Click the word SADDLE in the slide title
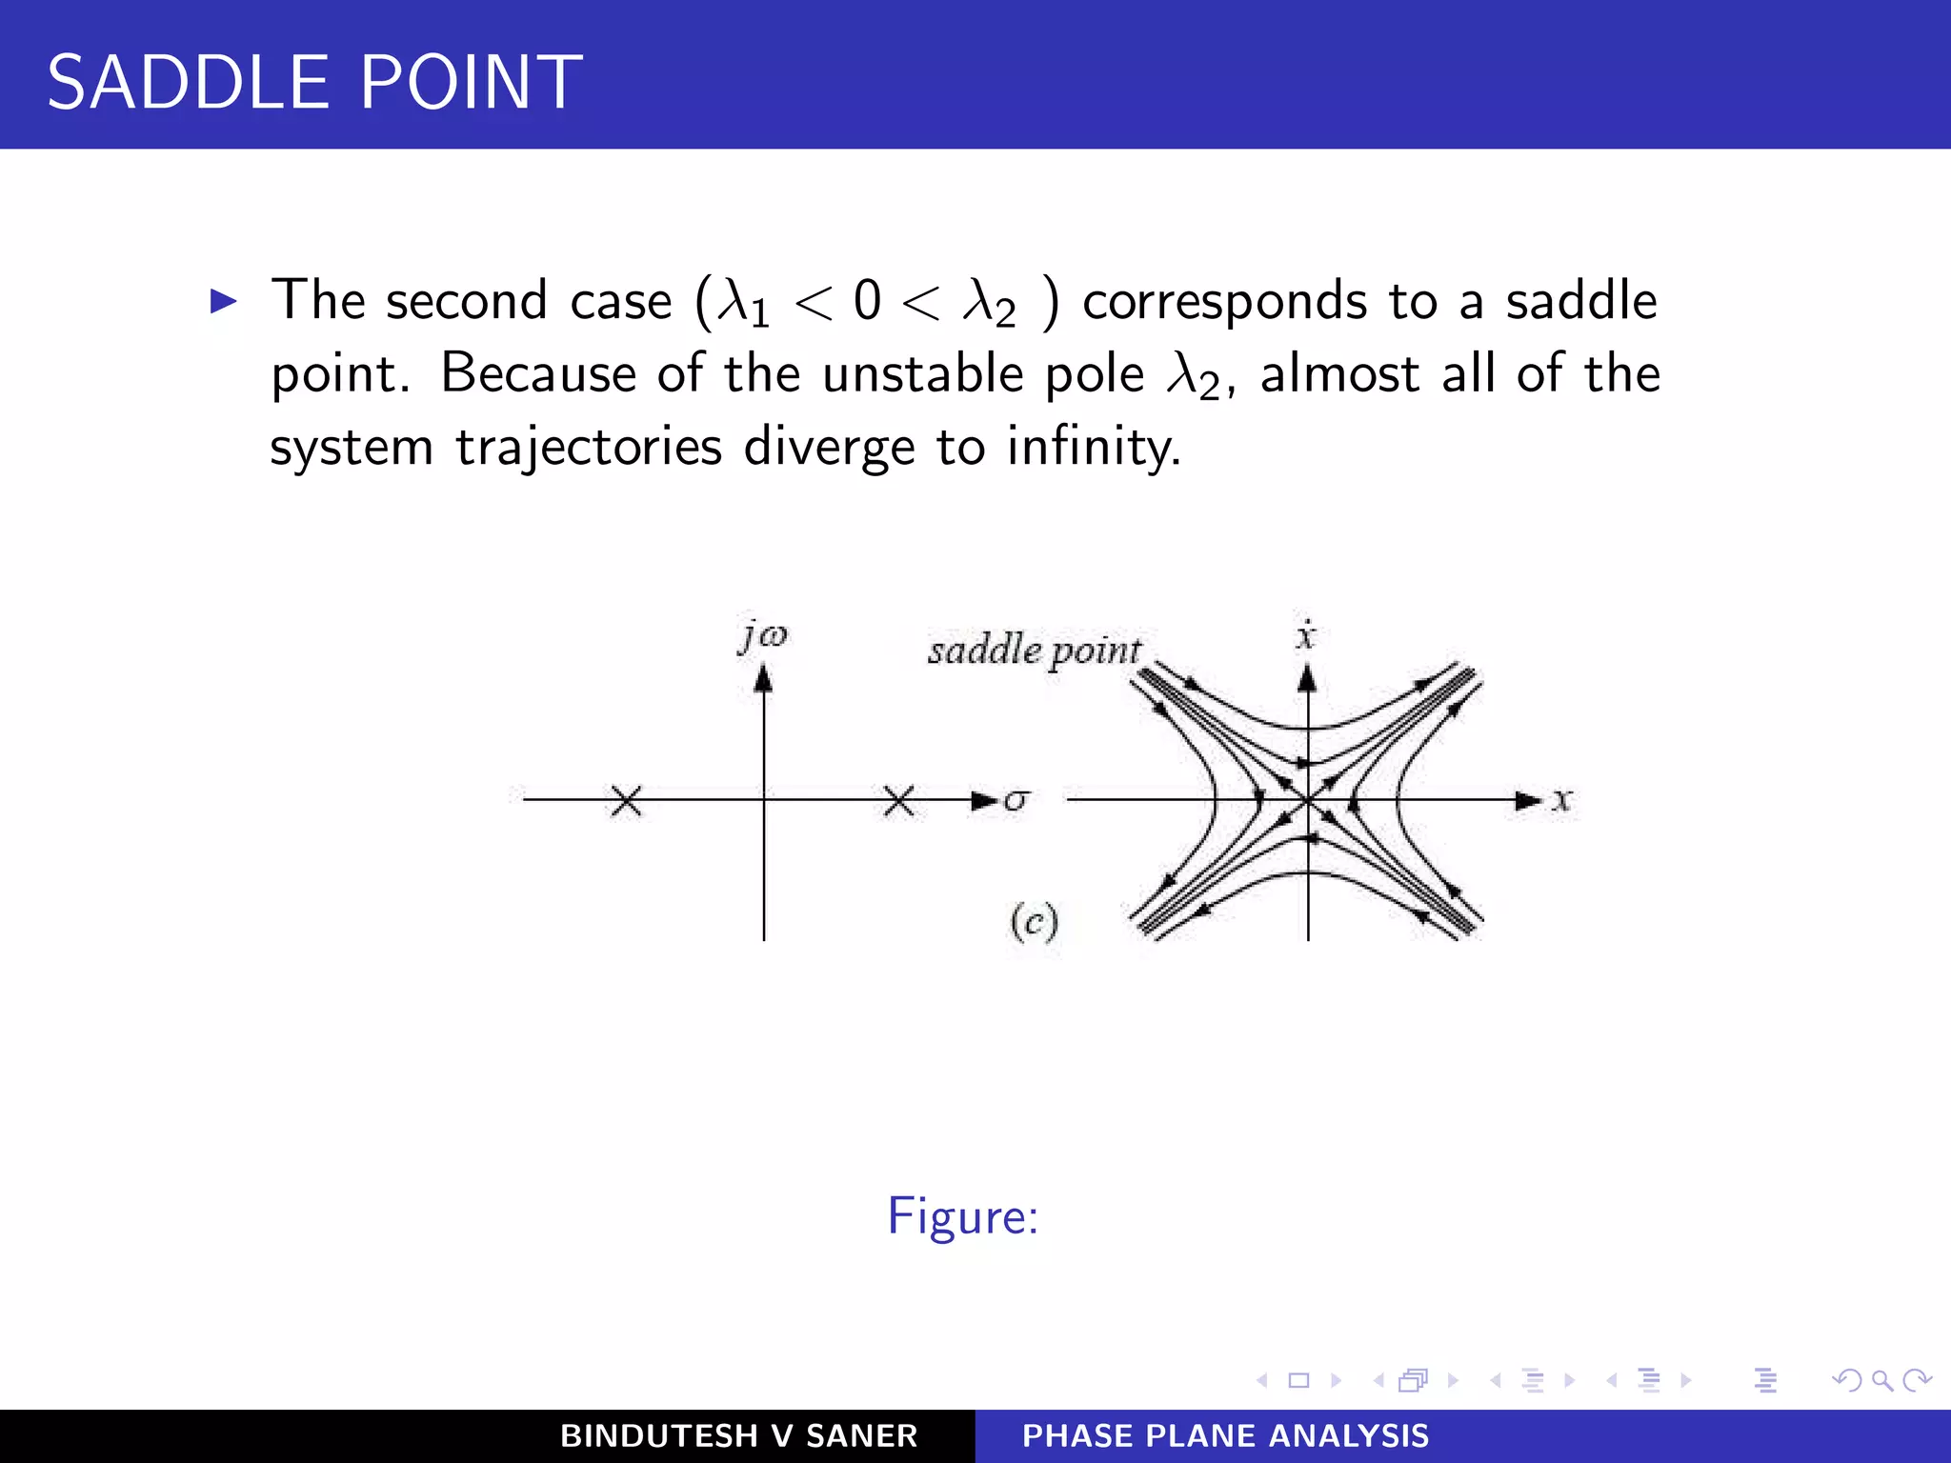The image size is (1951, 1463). pos(188,83)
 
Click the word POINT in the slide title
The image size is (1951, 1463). pos(471,83)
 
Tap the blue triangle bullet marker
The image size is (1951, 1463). pos(223,302)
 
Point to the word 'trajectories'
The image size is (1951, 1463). pos(588,448)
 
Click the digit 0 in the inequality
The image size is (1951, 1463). pos(867,301)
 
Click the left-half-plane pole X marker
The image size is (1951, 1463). pos(626,801)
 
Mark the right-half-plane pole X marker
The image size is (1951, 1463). pos(898,801)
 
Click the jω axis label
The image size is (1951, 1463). pos(763,635)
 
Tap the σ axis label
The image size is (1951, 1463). pos(1016,800)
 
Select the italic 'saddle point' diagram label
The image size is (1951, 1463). pos(1034,651)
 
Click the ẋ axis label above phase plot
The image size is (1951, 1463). pos(1306,634)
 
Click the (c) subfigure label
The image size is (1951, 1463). pos(1034,922)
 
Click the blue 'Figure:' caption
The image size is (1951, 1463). pos(962,1216)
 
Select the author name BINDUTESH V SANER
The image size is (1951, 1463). pos(738,1435)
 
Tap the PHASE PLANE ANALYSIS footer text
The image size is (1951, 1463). pos(1225,1435)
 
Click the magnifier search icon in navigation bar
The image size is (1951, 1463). pos(1881,1380)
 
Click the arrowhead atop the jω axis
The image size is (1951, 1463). pos(763,678)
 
